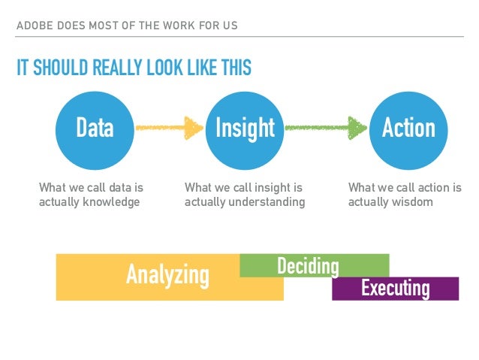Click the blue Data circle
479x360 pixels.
click(95, 128)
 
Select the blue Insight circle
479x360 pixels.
click(245, 128)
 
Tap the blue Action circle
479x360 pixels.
click(408, 128)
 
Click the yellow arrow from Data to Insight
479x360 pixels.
click(170, 128)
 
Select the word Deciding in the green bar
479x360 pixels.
click(308, 266)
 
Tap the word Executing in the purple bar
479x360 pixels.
click(396, 288)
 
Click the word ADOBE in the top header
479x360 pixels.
click(33, 26)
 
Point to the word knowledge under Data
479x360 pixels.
click(111, 201)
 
